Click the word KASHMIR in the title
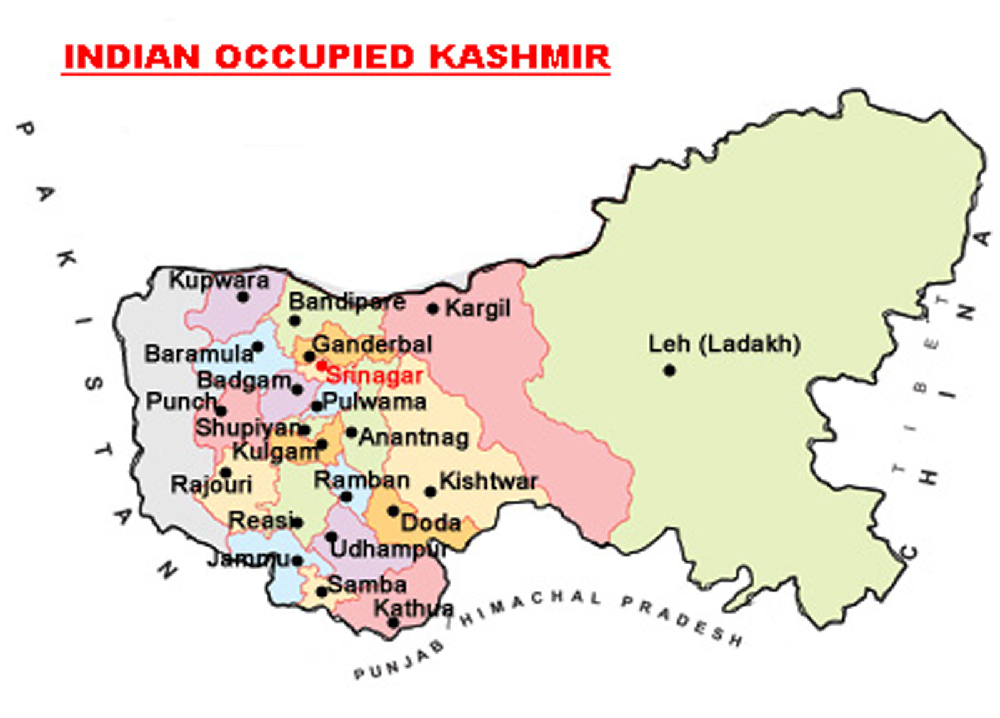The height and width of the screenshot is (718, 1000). pyautogui.click(x=519, y=57)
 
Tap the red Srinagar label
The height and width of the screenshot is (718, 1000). pyautogui.click(x=374, y=376)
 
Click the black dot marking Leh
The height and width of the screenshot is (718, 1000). pyautogui.click(x=669, y=371)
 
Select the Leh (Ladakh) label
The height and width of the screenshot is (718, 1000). pyautogui.click(x=724, y=344)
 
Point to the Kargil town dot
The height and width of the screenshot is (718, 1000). pyautogui.click(x=432, y=309)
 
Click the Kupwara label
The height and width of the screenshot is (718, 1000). pyautogui.click(x=219, y=280)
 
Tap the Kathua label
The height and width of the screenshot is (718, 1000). pyautogui.click(x=414, y=607)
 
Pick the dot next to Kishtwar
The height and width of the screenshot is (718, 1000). pyautogui.click(x=430, y=492)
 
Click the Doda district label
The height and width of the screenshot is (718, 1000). pyautogui.click(x=431, y=522)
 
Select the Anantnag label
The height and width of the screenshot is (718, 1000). pyautogui.click(x=414, y=437)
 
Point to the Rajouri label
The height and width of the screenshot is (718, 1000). pyautogui.click(x=211, y=484)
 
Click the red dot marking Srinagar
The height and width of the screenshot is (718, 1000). pyautogui.click(x=321, y=365)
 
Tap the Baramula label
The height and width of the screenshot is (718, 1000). pyautogui.click(x=199, y=354)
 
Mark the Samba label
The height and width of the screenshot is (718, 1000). pyautogui.click(x=367, y=585)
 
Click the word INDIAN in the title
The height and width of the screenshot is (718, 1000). pyautogui.click(x=132, y=57)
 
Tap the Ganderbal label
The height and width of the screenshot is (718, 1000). pyautogui.click(x=372, y=344)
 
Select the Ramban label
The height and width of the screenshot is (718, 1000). pyautogui.click(x=361, y=480)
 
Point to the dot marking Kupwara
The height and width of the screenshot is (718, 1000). pyautogui.click(x=243, y=297)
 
